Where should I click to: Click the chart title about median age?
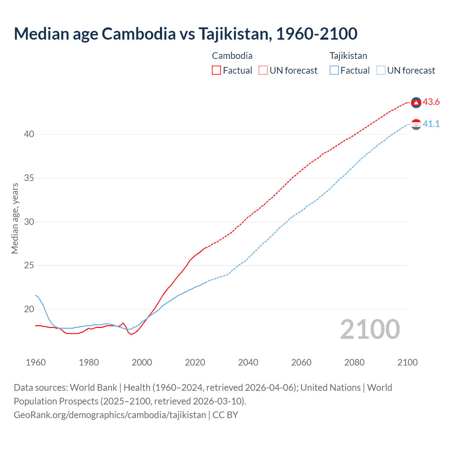[x=186, y=34]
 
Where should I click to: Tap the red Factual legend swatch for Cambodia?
[x=216, y=70]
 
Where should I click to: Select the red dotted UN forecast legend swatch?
[x=263, y=70]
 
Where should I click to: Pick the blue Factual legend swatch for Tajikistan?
[x=334, y=70]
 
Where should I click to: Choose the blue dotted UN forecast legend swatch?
[x=381, y=70]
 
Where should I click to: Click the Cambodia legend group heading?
[x=232, y=56]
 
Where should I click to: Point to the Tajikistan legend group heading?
[x=348, y=56]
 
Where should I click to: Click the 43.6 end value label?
[x=431, y=102]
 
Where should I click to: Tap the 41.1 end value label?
[x=431, y=124]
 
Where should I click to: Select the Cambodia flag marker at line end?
[x=416, y=102]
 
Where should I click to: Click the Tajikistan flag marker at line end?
[x=416, y=124]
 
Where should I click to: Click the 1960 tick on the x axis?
[x=36, y=362]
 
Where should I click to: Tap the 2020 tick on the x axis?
[x=195, y=362]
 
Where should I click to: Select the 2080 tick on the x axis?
[x=354, y=362]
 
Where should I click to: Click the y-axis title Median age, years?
[x=15, y=218]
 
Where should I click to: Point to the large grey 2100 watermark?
[x=370, y=329]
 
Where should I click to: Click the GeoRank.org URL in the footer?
[x=110, y=415]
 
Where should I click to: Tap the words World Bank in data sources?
[x=93, y=388]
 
